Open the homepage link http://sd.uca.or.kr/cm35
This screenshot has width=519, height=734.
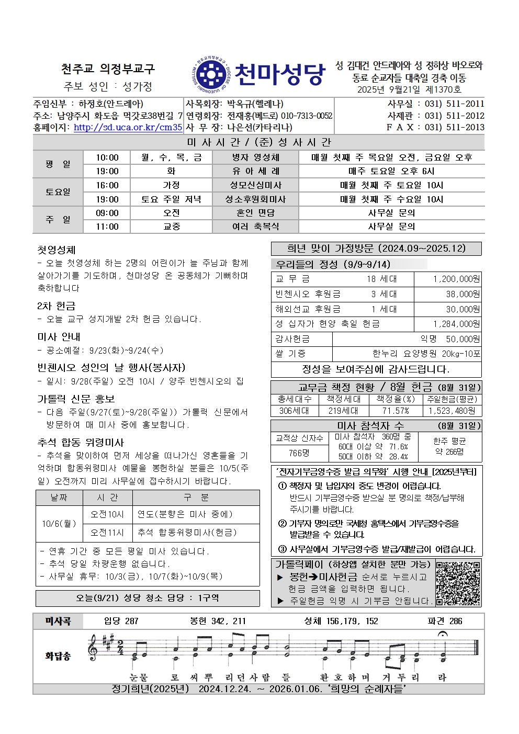pos(128,127)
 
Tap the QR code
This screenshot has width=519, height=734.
pos(458,583)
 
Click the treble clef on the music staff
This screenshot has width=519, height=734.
pos(94,648)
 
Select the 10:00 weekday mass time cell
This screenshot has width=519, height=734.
pos(107,157)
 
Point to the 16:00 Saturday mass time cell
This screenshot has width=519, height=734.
pos(107,185)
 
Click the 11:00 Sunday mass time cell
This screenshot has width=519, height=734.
pos(107,227)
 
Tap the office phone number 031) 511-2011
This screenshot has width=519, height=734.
pos(454,104)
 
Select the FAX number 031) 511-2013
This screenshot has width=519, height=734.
pos(454,127)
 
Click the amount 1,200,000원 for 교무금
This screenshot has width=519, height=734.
pos(456,279)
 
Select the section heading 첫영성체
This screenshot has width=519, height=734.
pos(57,250)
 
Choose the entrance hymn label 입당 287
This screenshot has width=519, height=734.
pos(121,621)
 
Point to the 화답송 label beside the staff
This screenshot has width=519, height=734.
pos(58,656)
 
